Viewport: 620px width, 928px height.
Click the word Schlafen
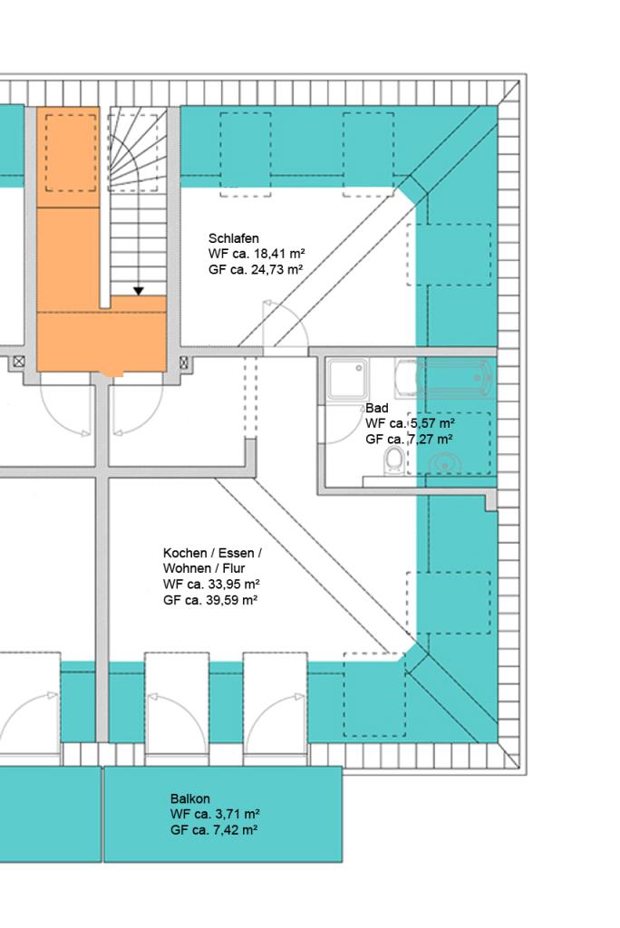click(233, 238)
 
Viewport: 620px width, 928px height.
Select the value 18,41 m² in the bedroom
click(279, 254)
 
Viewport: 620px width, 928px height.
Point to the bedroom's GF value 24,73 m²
click(278, 270)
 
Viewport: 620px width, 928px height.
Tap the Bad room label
click(376, 409)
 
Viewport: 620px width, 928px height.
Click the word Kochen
click(185, 554)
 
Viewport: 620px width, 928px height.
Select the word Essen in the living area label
click(236, 554)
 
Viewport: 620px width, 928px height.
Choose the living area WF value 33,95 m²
click(234, 585)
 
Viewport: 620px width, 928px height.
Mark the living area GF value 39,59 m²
click(233, 601)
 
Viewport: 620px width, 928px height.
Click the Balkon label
click(190, 799)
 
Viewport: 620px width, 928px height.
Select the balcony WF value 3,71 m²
click(237, 815)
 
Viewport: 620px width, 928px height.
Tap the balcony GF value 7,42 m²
click(237, 830)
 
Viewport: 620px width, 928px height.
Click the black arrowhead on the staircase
click(139, 291)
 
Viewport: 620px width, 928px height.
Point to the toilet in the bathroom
click(393, 461)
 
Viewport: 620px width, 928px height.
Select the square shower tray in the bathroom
click(347, 379)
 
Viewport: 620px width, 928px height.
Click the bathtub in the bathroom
click(444, 379)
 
